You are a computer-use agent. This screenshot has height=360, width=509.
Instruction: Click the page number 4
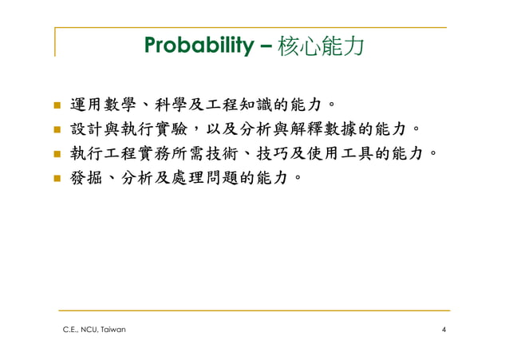(444, 330)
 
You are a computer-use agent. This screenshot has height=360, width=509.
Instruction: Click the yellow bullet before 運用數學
(57, 105)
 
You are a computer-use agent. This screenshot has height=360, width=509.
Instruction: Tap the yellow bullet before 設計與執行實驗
(57, 129)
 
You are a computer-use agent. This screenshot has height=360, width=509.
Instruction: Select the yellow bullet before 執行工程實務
(57, 152)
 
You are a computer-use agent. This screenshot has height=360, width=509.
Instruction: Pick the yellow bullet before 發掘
(57, 176)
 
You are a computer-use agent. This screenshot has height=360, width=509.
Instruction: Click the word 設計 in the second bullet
(89, 129)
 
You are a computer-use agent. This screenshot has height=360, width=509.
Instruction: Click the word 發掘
(89, 176)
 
